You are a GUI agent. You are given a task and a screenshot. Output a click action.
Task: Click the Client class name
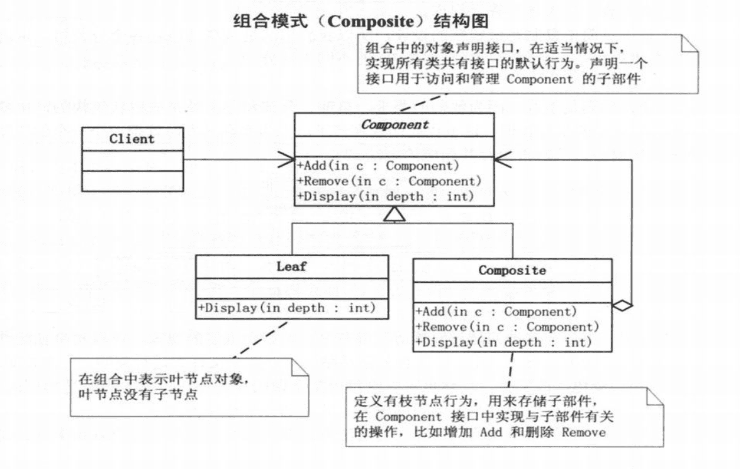click(x=132, y=139)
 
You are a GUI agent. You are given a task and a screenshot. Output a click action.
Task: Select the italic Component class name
click(x=394, y=125)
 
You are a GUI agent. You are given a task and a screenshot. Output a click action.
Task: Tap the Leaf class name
click(x=291, y=266)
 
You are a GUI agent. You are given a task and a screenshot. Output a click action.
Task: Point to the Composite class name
click(x=512, y=270)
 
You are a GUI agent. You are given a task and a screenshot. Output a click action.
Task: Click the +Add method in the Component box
click(x=379, y=166)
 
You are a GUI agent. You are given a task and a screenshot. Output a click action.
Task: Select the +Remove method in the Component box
click(x=390, y=181)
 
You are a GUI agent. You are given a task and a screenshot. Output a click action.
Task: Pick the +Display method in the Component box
click(x=386, y=197)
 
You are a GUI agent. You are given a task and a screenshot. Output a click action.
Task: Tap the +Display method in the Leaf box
click(x=287, y=308)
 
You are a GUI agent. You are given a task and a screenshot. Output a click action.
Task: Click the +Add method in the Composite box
click(x=496, y=312)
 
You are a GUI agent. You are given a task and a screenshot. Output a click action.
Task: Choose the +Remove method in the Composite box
click(x=508, y=327)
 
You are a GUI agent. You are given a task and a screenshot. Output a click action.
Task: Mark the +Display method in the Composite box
click(x=504, y=342)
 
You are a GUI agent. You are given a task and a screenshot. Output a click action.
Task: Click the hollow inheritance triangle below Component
click(x=394, y=214)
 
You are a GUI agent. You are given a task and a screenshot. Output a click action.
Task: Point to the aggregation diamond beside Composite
click(x=623, y=306)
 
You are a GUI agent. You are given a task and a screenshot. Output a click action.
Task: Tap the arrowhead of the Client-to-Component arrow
click(x=287, y=160)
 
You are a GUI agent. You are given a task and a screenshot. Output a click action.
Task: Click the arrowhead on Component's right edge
click(x=503, y=160)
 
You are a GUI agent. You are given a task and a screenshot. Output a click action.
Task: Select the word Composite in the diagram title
click(x=371, y=22)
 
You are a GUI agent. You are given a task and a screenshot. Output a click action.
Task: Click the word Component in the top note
click(x=540, y=80)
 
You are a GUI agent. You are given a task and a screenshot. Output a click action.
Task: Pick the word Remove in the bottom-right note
click(x=584, y=432)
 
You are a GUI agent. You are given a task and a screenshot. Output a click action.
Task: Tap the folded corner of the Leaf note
click(x=300, y=367)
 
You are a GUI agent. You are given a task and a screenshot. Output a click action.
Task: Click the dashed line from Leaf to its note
click(x=260, y=340)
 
